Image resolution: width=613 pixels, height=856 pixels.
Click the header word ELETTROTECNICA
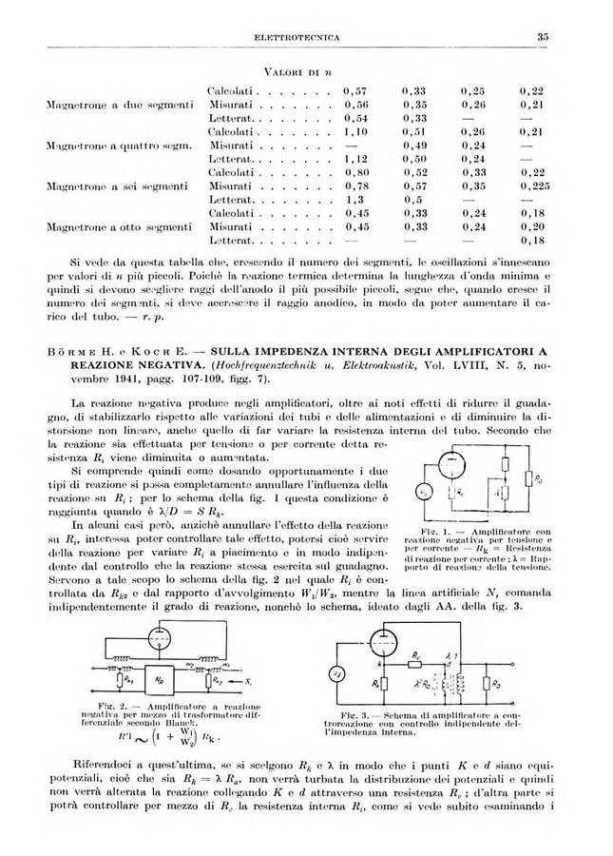pyautogui.click(x=298, y=37)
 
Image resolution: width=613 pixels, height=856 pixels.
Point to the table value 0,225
pyautogui.click(x=532, y=187)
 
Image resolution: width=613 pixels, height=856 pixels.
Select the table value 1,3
pyautogui.click(x=354, y=201)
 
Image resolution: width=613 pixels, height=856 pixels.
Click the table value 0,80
pyautogui.click(x=354, y=172)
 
